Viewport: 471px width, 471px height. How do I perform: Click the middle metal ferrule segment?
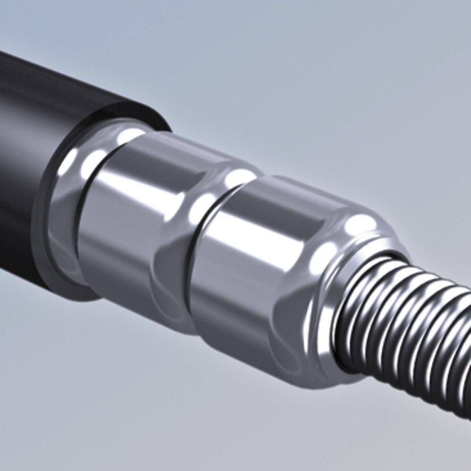137,226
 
